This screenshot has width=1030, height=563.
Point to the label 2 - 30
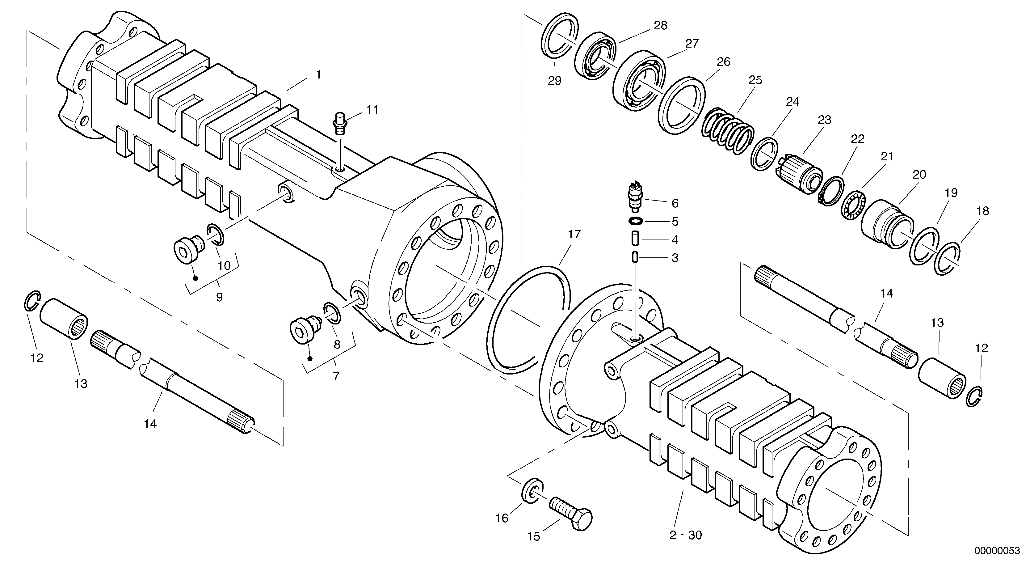(685, 535)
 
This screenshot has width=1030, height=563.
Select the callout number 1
(318, 74)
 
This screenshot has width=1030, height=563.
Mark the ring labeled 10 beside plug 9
(216, 235)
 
